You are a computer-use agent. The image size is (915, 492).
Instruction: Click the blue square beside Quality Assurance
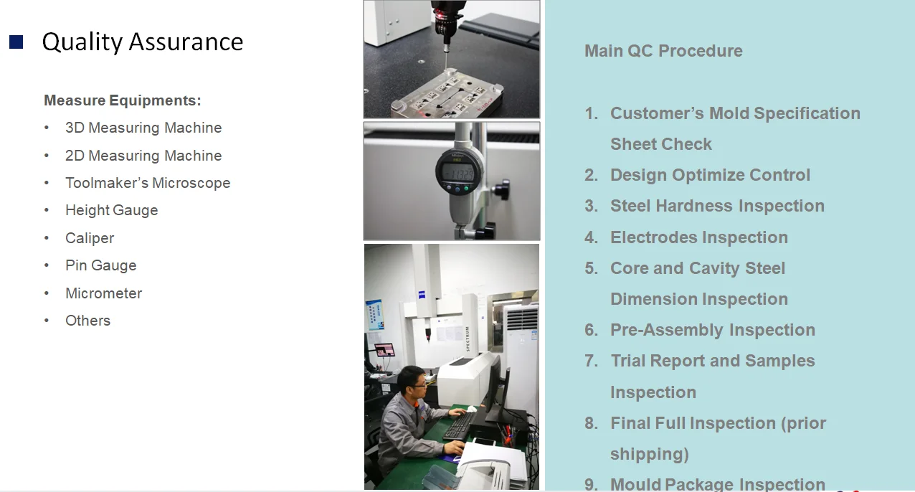click(x=16, y=42)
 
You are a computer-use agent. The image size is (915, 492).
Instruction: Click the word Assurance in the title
click(x=186, y=42)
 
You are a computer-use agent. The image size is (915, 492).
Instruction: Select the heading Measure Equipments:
click(x=123, y=100)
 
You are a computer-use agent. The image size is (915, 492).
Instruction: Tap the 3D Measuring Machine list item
click(x=143, y=128)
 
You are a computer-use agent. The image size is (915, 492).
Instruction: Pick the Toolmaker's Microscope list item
click(x=148, y=183)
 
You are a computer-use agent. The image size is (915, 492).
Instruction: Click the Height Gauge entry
click(x=112, y=210)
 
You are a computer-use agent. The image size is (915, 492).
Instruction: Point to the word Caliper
click(x=90, y=238)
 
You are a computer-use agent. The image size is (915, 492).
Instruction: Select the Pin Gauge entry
click(x=101, y=265)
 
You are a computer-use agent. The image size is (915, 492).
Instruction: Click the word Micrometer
click(x=104, y=293)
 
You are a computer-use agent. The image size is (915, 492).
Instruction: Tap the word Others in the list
click(x=87, y=321)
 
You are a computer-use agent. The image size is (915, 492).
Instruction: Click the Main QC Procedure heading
click(x=663, y=51)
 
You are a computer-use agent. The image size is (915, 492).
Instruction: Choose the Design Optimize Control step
click(x=710, y=175)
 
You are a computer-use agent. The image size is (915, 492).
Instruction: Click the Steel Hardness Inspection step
click(x=717, y=206)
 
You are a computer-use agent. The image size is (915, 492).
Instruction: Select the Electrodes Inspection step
click(x=699, y=237)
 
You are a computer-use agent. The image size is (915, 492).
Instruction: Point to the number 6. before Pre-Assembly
click(x=591, y=330)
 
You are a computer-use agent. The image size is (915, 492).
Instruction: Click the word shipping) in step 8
click(x=650, y=454)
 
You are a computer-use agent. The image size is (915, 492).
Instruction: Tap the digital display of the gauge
click(x=458, y=174)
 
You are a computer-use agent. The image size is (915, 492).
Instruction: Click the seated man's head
click(x=412, y=383)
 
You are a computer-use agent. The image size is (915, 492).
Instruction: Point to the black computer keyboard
click(x=460, y=426)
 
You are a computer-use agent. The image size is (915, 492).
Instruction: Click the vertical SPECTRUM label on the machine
click(x=468, y=339)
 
